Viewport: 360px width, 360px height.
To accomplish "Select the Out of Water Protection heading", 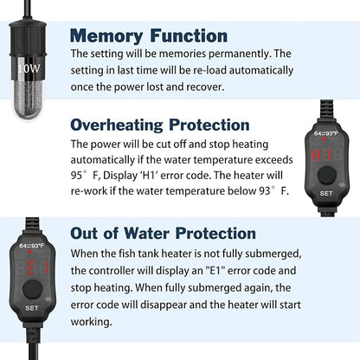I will tap(175, 234).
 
